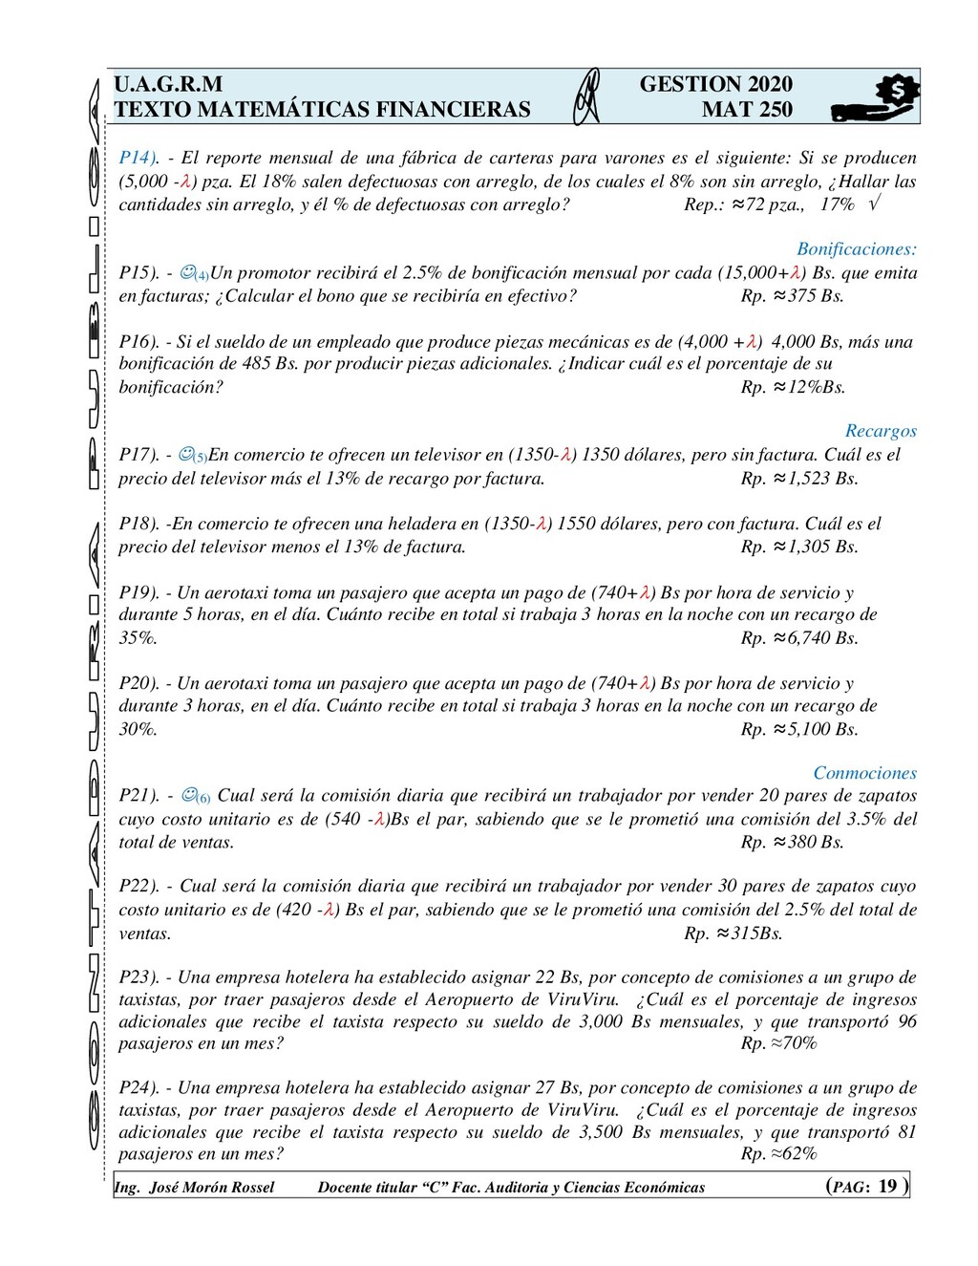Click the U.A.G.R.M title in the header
(x=168, y=84)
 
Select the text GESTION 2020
(x=715, y=84)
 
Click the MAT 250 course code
(x=747, y=110)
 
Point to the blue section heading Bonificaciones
(x=856, y=249)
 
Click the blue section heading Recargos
(x=881, y=431)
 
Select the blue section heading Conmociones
(x=864, y=773)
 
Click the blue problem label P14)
(x=138, y=158)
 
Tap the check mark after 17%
(x=876, y=204)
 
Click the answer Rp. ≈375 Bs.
(x=792, y=296)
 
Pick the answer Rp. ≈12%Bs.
(x=793, y=387)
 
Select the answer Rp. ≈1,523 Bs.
(x=798, y=479)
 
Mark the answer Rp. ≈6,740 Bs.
(x=798, y=638)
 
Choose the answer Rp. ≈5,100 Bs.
(x=798, y=729)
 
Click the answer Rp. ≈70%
(x=778, y=1043)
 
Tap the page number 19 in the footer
(x=887, y=1186)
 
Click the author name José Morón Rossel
(x=211, y=1188)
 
